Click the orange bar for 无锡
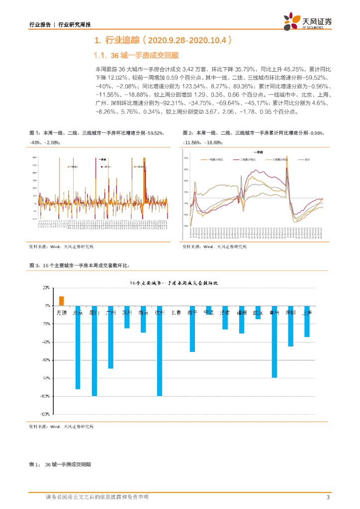coord(62,301)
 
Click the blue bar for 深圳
coord(290,326)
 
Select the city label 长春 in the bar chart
coord(176,313)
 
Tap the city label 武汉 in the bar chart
coord(258,313)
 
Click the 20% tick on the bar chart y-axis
coord(46,288)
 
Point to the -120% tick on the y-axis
coord(44,414)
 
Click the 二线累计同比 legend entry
coord(249,160)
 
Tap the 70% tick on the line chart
coord(185,158)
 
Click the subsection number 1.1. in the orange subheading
coord(101,55)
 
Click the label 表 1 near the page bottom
coord(34,464)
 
